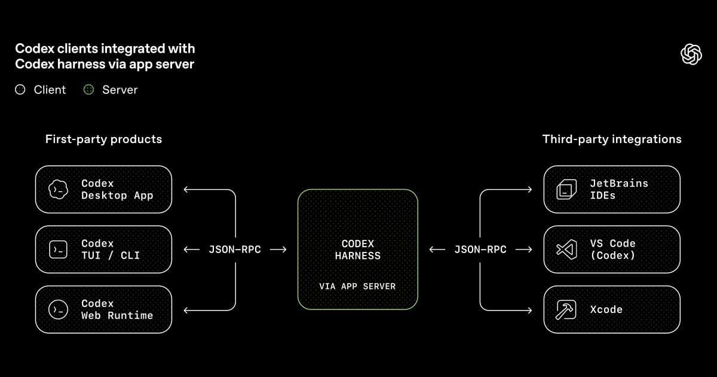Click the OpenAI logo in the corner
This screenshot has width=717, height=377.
coord(691,54)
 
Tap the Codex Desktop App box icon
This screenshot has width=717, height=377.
coord(58,190)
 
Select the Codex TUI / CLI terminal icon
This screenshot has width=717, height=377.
coord(58,250)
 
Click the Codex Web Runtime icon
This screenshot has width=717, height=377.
coord(58,309)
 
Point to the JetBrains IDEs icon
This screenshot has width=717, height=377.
coord(565,190)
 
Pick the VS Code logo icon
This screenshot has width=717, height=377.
coord(565,250)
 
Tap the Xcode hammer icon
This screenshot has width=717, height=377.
coord(565,309)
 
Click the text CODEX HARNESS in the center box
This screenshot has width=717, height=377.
coord(357,250)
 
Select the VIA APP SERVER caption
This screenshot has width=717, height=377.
coord(357,287)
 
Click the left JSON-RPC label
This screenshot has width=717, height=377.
coord(235,250)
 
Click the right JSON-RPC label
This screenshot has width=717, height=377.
coord(480,250)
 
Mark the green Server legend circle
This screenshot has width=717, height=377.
coord(88,90)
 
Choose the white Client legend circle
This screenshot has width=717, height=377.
coord(20,90)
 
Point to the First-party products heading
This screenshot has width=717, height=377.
coord(103,139)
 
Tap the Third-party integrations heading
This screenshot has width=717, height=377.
coord(611,139)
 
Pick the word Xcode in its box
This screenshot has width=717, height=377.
coord(606,309)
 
